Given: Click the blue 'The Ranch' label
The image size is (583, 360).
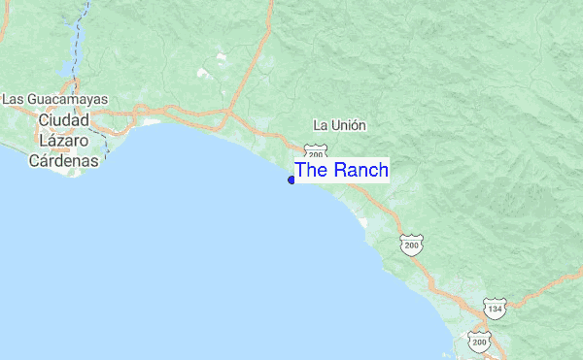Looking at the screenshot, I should pos(341,170).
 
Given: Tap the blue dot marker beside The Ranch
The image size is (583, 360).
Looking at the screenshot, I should pos(291,180).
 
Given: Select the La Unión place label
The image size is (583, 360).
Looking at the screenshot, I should pos(339,125).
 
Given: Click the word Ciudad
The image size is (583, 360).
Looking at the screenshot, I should pos(64,119).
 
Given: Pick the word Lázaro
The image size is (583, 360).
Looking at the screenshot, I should pos(63,141).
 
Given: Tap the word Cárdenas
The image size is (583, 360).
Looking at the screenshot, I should pos(63,161).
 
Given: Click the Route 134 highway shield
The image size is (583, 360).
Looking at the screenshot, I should pos(496,309).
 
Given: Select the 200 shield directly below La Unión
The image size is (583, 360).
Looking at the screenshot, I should pos(314,152).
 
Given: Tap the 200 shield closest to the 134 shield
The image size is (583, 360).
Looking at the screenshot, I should pos(478,341).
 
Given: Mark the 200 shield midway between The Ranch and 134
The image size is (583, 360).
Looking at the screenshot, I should pos(412,245).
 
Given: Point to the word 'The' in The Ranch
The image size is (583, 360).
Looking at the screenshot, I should pos(311,170).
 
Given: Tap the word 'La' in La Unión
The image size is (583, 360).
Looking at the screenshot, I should pos(320,125).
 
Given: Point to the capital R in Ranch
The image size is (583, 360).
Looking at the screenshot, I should pos(336,170).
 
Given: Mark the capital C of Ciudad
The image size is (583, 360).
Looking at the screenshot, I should pos(43,119).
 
